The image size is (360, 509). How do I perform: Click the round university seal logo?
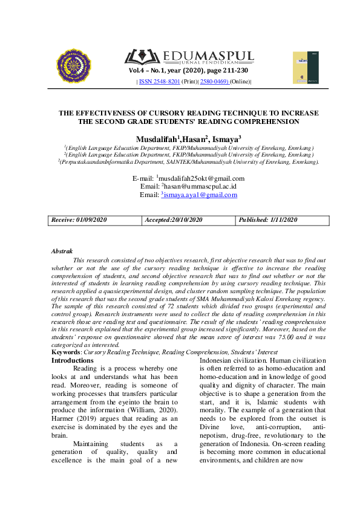click(73, 66)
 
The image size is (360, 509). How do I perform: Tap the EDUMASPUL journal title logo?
click(190, 57)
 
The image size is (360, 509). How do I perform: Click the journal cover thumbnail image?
click(305, 67)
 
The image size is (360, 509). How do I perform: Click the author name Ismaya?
click(225, 140)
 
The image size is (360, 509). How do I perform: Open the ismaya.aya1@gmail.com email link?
click(200, 195)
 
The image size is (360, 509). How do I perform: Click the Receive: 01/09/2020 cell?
click(79, 220)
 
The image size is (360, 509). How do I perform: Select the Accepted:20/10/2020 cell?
click(173, 220)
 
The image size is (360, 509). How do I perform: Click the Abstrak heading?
click(62, 250)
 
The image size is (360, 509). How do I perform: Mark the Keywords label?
click(65, 351)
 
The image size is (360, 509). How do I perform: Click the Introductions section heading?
click(72, 360)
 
